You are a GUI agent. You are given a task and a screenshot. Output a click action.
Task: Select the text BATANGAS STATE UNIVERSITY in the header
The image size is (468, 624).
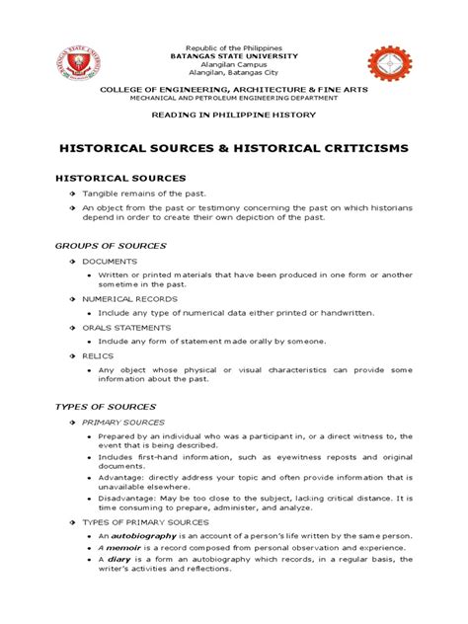tap(234, 55)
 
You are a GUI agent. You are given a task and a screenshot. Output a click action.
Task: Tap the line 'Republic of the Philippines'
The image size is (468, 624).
tap(234, 46)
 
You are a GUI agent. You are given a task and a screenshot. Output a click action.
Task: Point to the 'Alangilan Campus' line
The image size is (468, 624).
tap(234, 64)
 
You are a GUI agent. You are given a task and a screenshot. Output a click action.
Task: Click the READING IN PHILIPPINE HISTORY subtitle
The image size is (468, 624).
tap(234, 116)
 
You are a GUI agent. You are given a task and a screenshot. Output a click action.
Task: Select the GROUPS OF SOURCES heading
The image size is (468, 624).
tap(123, 244)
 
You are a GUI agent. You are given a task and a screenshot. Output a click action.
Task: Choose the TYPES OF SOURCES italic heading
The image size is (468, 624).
tap(120, 406)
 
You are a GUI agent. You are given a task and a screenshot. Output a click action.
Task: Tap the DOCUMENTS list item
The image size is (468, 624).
tap(111, 261)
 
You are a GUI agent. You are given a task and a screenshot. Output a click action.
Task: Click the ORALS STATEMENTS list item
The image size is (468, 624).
tap(126, 326)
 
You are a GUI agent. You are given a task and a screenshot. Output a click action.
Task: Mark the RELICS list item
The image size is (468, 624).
tap(99, 354)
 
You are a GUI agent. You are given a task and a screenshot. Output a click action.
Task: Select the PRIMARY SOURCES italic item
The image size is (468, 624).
tap(124, 423)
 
